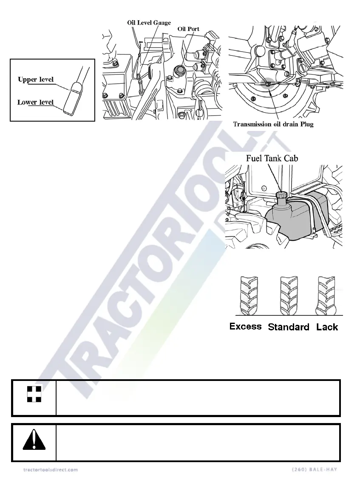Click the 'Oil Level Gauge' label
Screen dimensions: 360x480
coord(149,23)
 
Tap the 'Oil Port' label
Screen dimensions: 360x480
coord(188,29)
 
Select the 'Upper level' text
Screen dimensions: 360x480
coord(36,80)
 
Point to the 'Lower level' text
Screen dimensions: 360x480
coord(35,102)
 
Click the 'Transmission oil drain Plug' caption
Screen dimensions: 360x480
coord(273,125)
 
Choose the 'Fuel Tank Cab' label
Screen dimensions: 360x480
coord(272,158)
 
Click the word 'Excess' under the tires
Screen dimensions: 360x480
coord(245,327)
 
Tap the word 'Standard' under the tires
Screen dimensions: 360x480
coord(288,327)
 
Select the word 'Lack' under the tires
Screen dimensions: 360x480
coord(327,327)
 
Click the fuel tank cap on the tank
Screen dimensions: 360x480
coord(281,195)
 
